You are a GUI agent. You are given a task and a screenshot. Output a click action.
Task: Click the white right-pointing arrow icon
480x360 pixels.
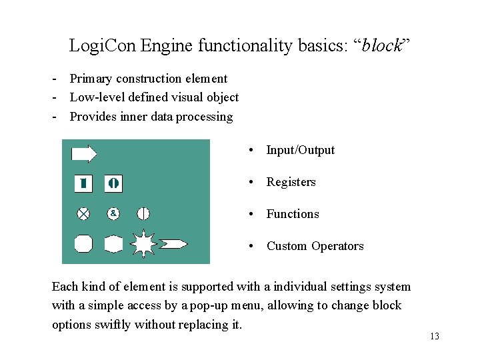(x=84, y=154)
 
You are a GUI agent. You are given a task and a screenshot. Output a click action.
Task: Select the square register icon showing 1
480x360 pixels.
(x=83, y=183)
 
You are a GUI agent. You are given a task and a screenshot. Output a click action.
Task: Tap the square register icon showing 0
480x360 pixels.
(x=113, y=183)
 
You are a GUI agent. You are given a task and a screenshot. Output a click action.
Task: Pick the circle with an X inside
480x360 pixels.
(x=83, y=213)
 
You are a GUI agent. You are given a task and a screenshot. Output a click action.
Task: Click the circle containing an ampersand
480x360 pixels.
(x=114, y=213)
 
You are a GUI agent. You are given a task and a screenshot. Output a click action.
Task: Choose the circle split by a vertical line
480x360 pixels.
(x=143, y=213)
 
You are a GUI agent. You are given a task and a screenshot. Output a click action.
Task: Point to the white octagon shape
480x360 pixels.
(x=83, y=243)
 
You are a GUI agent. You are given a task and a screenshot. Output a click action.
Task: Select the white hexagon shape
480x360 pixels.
(x=113, y=243)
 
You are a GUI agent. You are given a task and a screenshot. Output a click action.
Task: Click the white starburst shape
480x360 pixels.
(x=143, y=243)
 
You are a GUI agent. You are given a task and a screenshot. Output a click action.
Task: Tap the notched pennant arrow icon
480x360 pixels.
(x=174, y=243)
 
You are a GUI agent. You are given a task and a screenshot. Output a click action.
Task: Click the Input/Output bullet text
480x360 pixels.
(x=300, y=150)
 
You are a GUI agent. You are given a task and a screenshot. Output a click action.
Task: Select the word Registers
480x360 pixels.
(x=291, y=182)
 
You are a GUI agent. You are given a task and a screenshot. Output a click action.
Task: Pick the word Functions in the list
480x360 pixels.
(x=293, y=214)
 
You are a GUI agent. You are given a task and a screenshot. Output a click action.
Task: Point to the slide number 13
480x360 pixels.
(x=435, y=336)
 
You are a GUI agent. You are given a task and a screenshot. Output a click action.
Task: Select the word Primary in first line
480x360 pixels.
(x=91, y=79)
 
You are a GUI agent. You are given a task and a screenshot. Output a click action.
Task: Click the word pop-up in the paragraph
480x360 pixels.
(x=207, y=305)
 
